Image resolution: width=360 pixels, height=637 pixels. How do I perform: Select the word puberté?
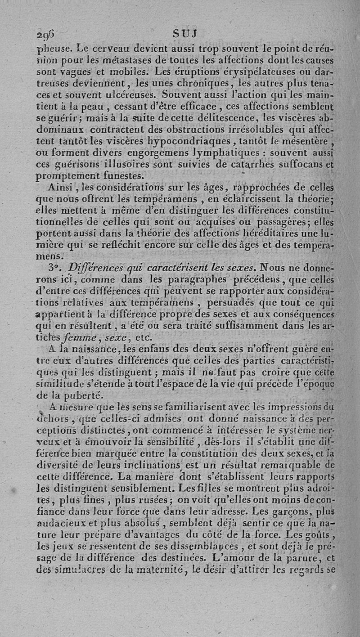tap(80, 395)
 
